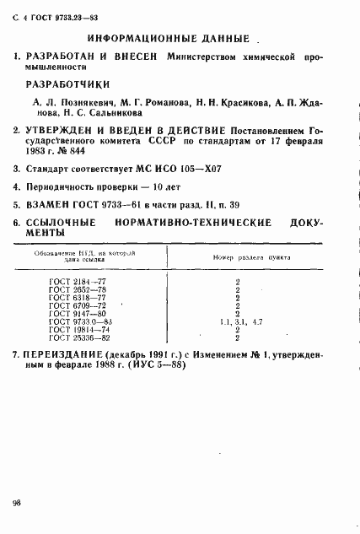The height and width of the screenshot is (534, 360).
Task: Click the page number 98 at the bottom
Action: (18, 503)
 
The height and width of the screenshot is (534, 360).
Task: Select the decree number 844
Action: (102, 153)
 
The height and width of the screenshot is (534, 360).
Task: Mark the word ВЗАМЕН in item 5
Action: (47, 204)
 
